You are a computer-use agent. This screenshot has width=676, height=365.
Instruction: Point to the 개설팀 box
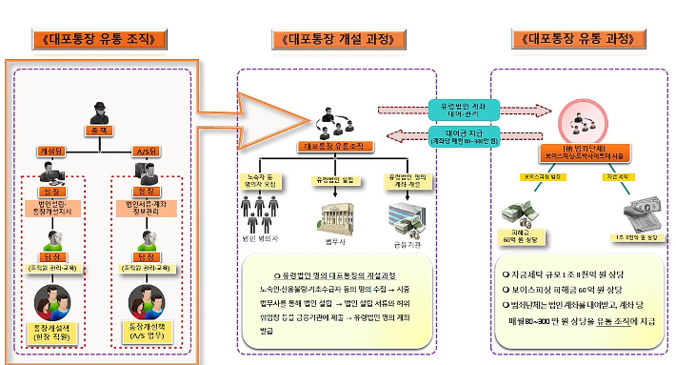(52, 151)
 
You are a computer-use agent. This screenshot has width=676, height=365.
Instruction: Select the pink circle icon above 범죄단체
(580, 123)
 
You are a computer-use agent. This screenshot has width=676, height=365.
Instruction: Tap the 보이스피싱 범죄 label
(538, 176)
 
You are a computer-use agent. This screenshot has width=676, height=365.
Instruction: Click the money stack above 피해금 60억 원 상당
(520, 210)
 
